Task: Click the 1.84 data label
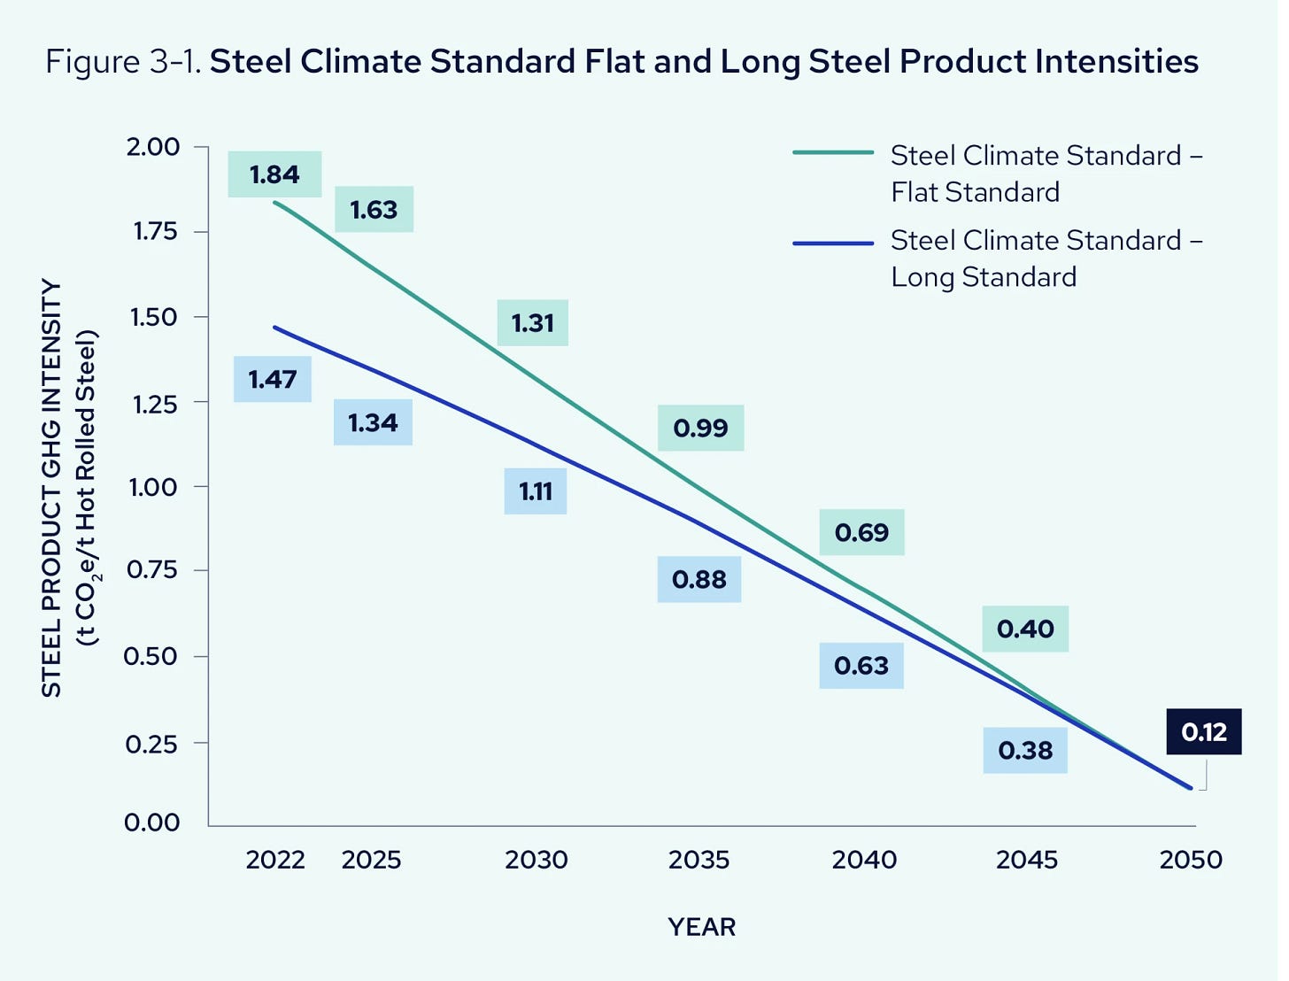[x=274, y=174]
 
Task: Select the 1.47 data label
[x=273, y=379]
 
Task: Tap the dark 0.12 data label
[x=1203, y=731]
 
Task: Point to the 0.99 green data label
[x=700, y=428]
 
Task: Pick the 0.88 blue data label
[x=699, y=579]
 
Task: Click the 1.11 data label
[x=535, y=491]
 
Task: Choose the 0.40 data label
[x=1025, y=629]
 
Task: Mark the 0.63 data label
[x=861, y=665]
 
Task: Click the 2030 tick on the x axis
[x=536, y=860]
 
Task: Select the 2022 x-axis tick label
[x=275, y=860]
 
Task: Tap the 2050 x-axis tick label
[x=1191, y=860]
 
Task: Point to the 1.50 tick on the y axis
[x=155, y=317]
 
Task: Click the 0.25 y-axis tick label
[x=152, y=744]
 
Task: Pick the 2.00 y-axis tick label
[x=153, y=147]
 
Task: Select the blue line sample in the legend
[x=833, y=242]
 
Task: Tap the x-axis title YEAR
[x=701, y=927]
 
